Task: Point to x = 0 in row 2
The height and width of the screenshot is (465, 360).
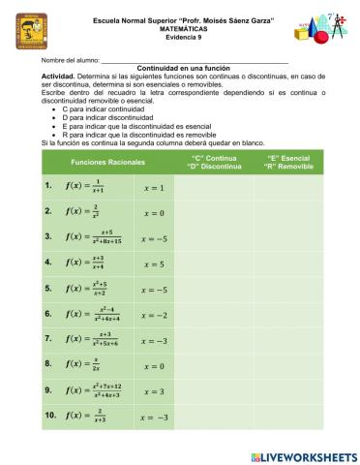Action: point(153,212)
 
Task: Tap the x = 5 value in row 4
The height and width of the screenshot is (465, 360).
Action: point(153,263)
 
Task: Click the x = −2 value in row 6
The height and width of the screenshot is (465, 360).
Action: point(153,315)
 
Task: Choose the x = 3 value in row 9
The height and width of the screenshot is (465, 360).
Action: point(153,391)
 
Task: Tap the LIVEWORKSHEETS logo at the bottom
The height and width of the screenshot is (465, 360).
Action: point(303,455)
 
